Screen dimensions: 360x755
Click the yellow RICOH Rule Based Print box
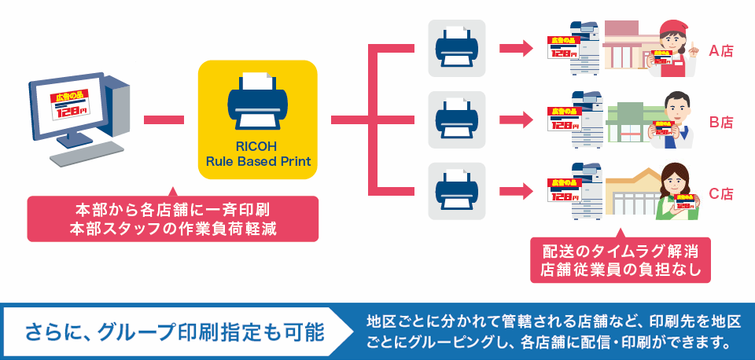[257, 119]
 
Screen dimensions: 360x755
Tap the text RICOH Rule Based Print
[257, 153]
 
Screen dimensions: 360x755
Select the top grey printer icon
[456, 48]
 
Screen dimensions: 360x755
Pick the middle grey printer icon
[456, 119]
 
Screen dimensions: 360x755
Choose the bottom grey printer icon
[456, 191]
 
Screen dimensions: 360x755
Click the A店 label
[720, 52]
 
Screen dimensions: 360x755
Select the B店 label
[720, 122]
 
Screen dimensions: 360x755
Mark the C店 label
[720, 193]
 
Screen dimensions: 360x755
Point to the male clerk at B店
[673, 120]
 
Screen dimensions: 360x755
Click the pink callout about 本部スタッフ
[172, 219]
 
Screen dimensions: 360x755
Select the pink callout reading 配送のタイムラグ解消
[621, 260]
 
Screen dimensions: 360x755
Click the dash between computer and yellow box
[164, 119]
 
